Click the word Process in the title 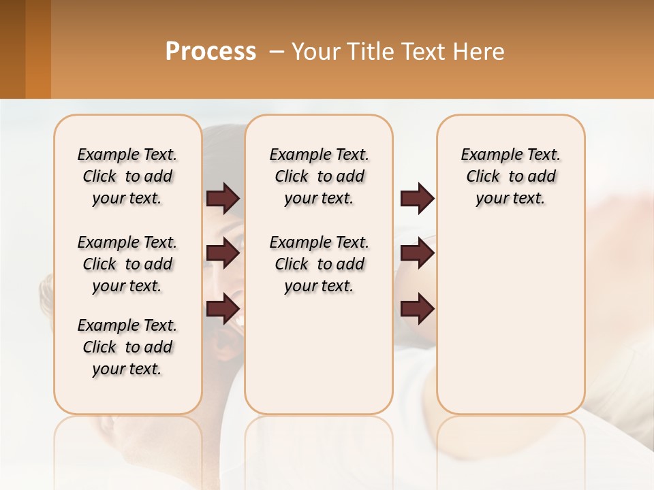[x=211, y=52]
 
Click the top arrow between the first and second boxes [x=223, y=199]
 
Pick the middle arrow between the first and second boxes [x=223, y=253]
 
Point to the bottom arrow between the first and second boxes [x=223, y=309]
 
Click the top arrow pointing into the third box [x=417, y=199]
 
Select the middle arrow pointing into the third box [x=417, y=253]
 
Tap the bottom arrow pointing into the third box [x=417, y=309]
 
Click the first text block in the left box [x=127, y=176]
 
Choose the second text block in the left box [x=127, y=264]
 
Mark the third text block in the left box [x=127, y=347]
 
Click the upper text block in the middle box [x=319, y=176]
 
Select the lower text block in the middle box [x=319, y=264]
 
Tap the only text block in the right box [x=511, y=176]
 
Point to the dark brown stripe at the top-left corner [x=12, y=49]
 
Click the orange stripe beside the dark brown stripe [x=38, y=49]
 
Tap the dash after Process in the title [x=276, y=52]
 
